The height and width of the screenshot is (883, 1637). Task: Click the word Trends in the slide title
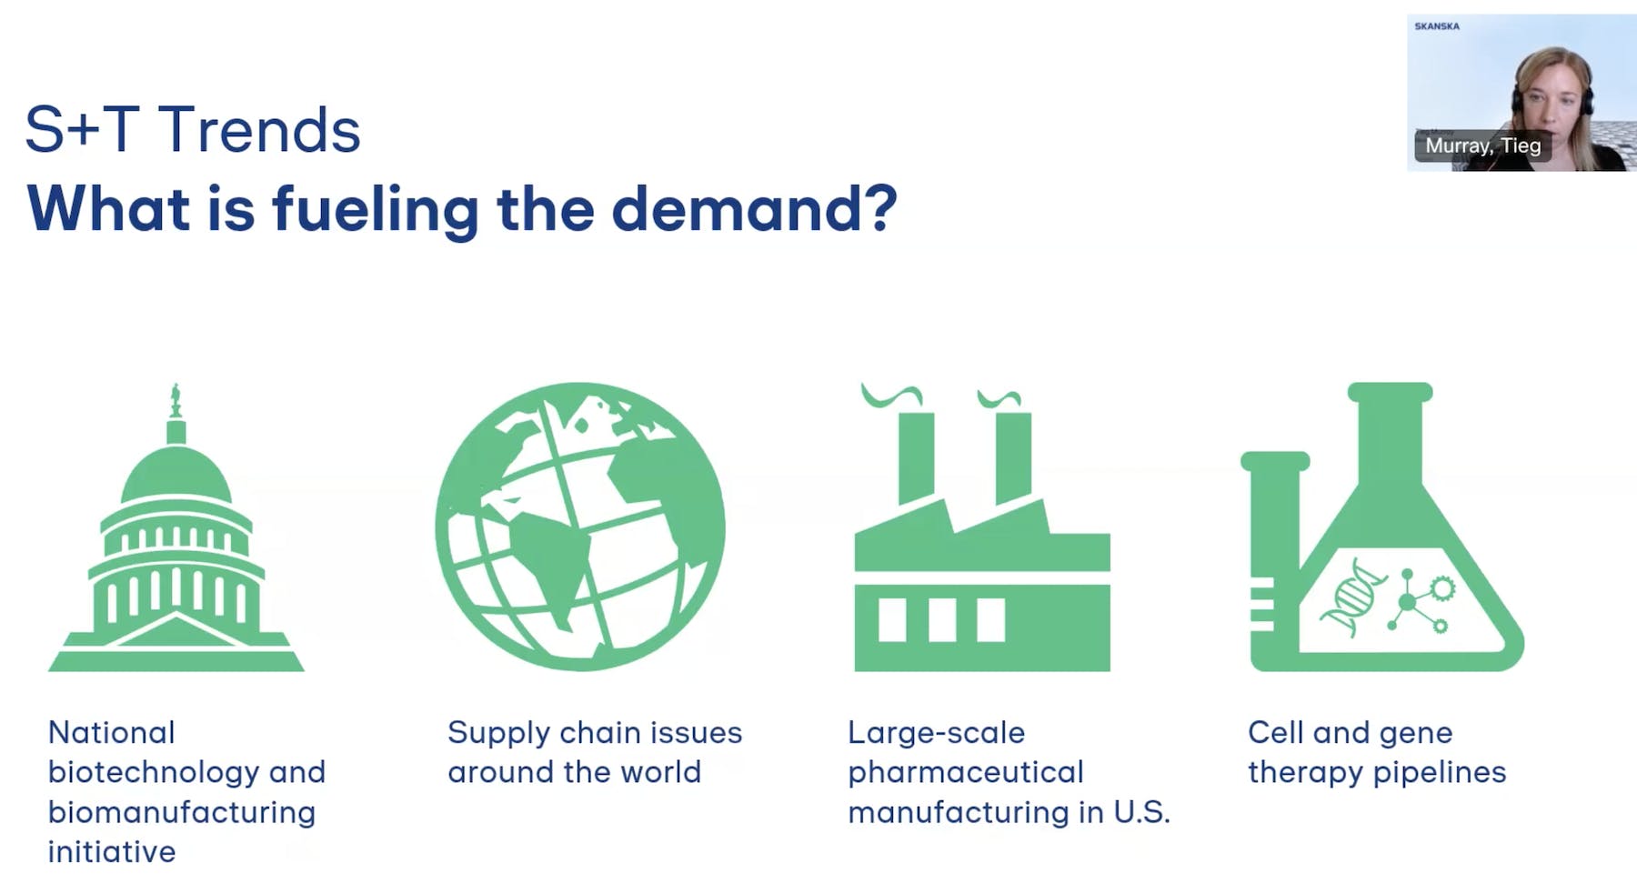coord(260,129)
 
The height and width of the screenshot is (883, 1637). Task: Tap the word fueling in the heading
coord(376,209)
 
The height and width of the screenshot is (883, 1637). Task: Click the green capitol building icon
coord(176,527)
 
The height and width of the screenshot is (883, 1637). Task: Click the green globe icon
coord(580,527)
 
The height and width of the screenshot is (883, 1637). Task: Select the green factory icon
coord(982,528)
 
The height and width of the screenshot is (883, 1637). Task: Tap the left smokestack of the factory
coord(916,457)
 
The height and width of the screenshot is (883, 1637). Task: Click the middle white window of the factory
coord(942,619)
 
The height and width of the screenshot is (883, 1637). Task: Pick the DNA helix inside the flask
coord(1353,597)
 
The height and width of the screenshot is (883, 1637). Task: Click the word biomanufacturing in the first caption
coord(182,812)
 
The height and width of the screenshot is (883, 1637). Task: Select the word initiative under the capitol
coord(112,851)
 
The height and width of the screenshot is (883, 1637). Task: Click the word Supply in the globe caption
coord(498,734)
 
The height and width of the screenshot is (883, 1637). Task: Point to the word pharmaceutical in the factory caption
coord(966,772)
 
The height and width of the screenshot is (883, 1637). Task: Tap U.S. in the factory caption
coord(1141,812)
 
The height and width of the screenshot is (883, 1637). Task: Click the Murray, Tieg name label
coord(1483,145)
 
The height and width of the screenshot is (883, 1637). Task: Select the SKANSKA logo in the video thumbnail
coord(1437,26)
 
